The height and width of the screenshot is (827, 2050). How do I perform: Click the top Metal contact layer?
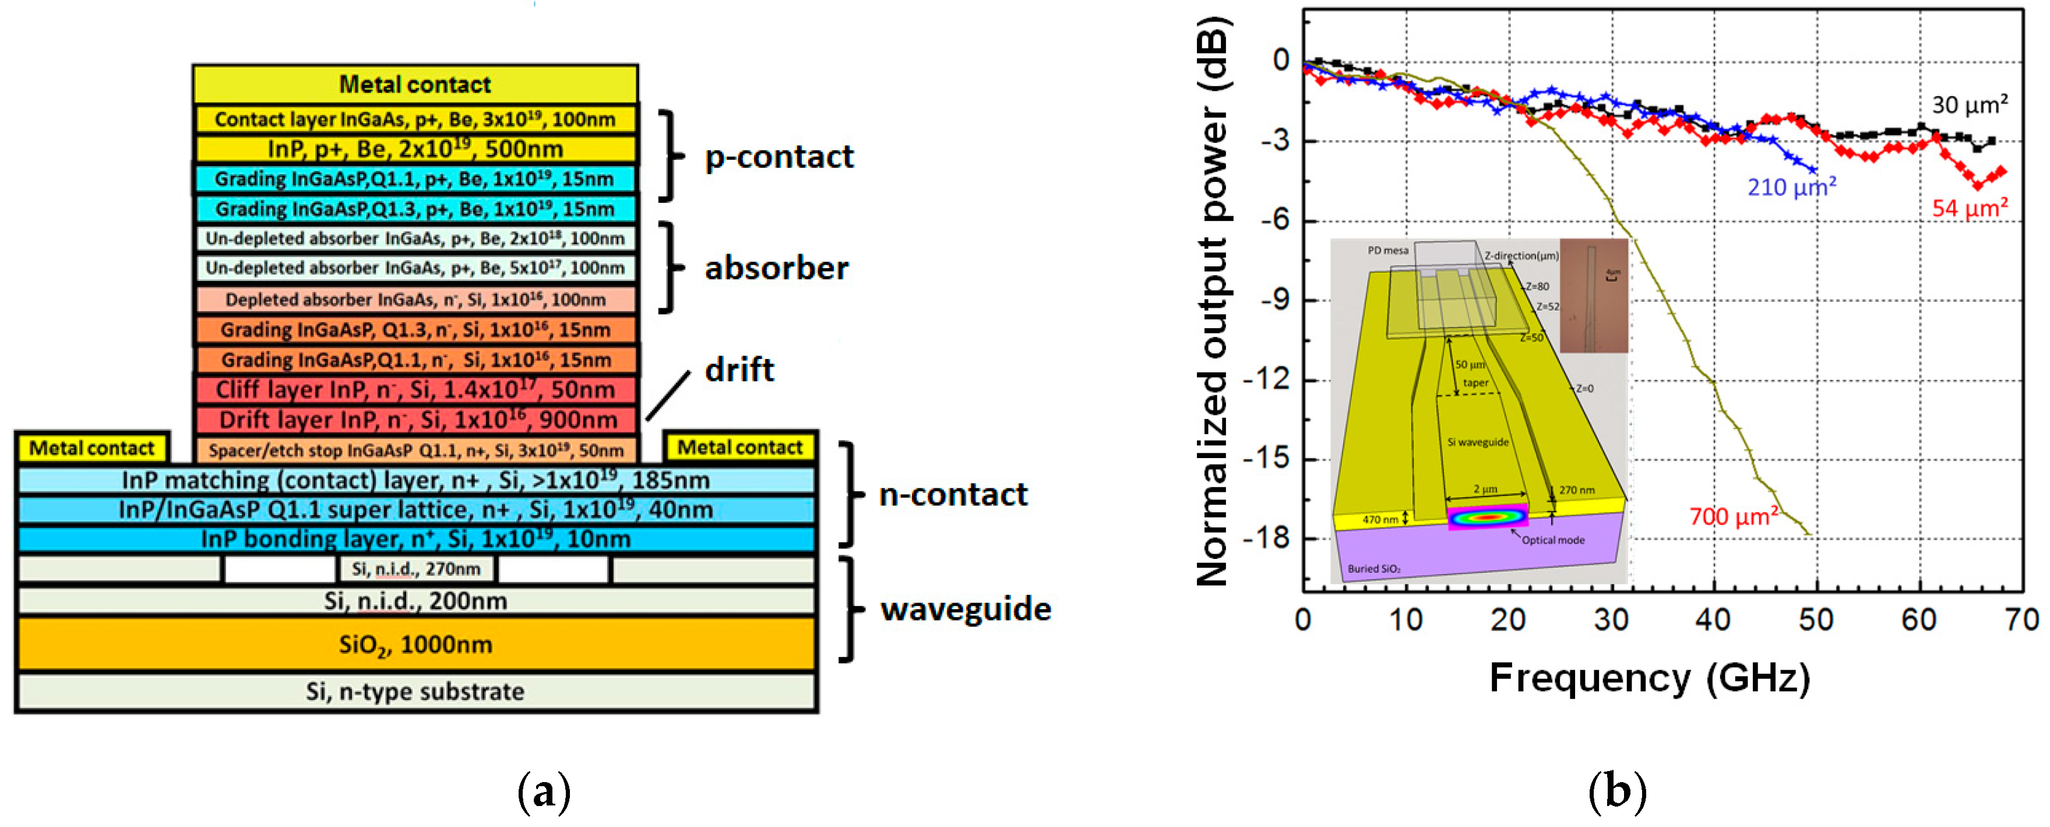pos(415,83)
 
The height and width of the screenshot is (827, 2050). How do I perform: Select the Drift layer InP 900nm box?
pos(416,420)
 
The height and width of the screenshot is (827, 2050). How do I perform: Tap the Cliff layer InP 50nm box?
pos(416,389)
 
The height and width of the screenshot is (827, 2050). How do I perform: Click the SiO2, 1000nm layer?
pos(415,644)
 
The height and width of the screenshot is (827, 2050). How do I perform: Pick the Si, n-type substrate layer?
pos(415,691)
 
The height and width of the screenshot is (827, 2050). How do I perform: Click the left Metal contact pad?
pos(91,448)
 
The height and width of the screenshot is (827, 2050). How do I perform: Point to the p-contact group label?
pos(779,157)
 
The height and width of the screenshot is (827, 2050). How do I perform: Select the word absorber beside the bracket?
pos(776,268)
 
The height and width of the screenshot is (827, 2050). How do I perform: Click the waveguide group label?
pos(966,609)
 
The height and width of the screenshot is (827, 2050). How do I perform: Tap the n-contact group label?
pos(953,494)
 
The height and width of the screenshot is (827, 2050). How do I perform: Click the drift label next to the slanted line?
pos(738,369)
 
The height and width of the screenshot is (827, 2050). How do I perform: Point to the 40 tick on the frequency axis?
pos(1713,620)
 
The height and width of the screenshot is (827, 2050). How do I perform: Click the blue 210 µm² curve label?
pos(1791,187)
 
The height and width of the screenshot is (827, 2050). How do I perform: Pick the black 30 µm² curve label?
pos(1970,104)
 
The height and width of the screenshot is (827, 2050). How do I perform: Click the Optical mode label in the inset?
pos(1552,540)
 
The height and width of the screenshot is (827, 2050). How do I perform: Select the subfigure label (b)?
pos(1616,792)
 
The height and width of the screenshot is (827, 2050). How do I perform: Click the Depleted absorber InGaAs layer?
pos(415,300)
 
